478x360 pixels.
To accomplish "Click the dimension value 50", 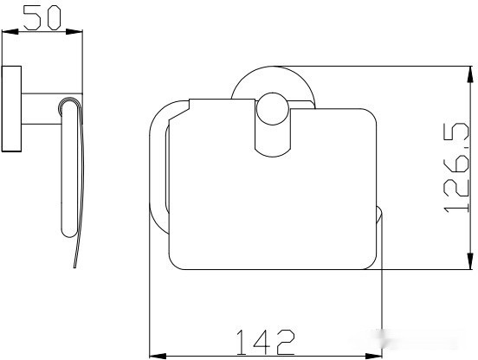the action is click(x=42, y=18).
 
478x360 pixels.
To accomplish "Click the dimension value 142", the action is click(x=266, y=342).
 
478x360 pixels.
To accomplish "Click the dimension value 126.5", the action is click(x=456, y=167).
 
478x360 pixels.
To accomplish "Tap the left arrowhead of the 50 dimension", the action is click(x=10, y=31).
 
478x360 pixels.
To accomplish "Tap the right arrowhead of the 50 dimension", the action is click(x=74, y=31).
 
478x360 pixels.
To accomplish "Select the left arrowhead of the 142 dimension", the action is click(x=158, y=356).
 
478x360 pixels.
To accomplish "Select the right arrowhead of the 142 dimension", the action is click(x=373, y=356).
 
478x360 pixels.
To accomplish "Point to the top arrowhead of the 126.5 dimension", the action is click(x=471, y=74).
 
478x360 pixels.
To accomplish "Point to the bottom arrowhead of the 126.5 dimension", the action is click(x=471, y=261).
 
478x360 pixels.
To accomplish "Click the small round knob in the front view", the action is click(x=273, y=109).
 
